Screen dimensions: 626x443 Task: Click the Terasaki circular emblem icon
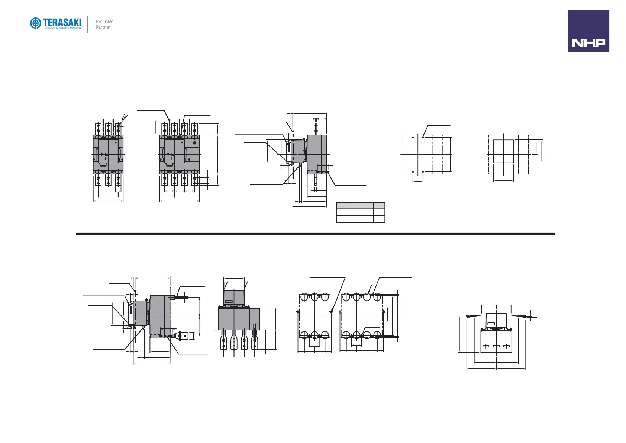click(35, 23)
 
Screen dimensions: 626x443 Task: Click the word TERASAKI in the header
click(62, 22)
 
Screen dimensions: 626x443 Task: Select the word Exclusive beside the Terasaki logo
click(104, 22)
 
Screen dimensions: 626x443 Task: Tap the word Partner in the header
click(103, 27)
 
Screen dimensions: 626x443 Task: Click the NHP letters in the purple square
click(588, 43)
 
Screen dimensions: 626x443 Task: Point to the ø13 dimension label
click(124, 117)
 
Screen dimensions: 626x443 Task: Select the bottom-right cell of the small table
click(379, 219)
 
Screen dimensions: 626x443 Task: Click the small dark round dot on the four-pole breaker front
click(194, 143)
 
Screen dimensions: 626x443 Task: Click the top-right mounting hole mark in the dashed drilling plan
click(423, 137)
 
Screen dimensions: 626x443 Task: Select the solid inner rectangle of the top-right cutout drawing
click(503, 151)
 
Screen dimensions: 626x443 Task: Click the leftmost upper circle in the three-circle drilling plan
click(304, 298)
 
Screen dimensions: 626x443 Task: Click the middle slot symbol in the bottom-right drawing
click(496, 347)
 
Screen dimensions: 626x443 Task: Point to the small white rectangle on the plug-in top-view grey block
click(229, 301)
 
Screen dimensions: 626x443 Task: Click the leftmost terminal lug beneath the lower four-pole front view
click(224, 342)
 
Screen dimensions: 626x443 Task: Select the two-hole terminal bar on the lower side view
click(183, 336)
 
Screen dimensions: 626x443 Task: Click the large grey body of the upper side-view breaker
click(317, 153)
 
